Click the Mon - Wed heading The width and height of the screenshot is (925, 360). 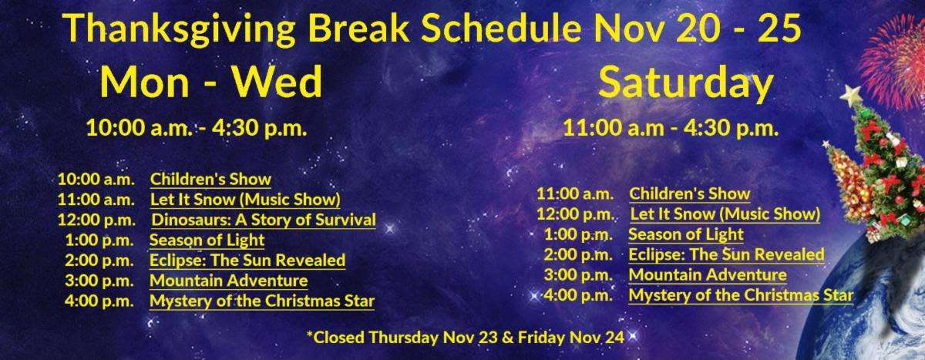211,82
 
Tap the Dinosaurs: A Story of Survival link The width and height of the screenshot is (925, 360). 264,220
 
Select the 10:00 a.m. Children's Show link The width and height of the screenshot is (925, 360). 210,179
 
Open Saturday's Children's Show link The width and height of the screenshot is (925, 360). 690,193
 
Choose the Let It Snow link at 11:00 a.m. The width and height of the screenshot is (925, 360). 245,200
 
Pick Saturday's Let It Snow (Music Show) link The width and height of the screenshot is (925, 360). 725,214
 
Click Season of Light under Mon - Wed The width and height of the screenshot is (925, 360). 207,240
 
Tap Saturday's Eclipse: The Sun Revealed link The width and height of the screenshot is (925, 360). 726,254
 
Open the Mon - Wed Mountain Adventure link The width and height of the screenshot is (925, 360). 229,281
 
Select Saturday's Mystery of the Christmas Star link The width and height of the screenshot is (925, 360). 741,295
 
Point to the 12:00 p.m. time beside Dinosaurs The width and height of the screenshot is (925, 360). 96,220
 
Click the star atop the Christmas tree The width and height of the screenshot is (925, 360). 852,96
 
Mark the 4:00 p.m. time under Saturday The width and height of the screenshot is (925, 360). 578,295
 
